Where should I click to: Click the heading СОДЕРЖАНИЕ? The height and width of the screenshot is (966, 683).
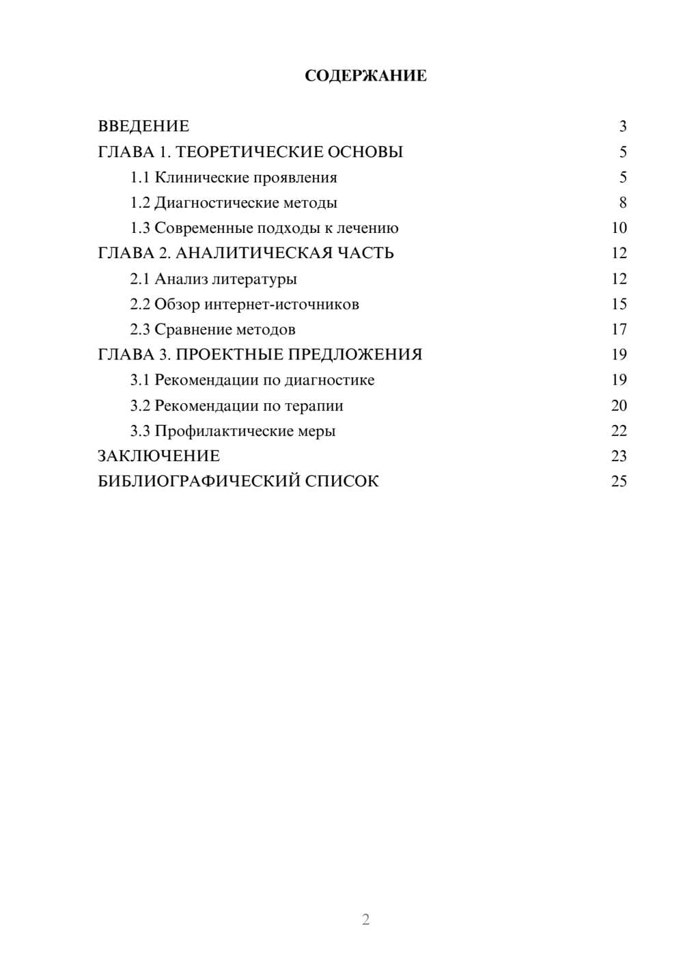[365, 76]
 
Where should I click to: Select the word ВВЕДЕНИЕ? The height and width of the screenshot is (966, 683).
[143, 126]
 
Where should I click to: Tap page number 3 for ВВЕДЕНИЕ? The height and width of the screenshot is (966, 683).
[622, 126]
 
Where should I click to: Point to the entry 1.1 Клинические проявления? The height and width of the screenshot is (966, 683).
[234, 178]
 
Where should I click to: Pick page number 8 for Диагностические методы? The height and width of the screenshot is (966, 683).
[622, 203]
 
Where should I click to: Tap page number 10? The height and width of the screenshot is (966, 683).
[619, 228]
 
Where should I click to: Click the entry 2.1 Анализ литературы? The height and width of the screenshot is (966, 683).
[213, 279]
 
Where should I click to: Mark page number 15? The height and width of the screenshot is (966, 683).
[619, 304]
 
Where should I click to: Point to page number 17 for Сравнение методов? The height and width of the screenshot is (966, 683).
[619, 329]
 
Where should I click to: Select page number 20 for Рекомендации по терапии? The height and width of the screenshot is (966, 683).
[619, 406]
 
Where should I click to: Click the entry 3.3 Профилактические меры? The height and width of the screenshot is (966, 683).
[233, 431]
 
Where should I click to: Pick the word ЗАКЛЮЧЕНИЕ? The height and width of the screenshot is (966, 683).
[158, 456]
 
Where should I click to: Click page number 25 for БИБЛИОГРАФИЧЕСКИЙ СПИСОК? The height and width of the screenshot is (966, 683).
[619, 482]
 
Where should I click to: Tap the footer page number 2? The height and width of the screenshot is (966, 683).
[365, 920]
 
